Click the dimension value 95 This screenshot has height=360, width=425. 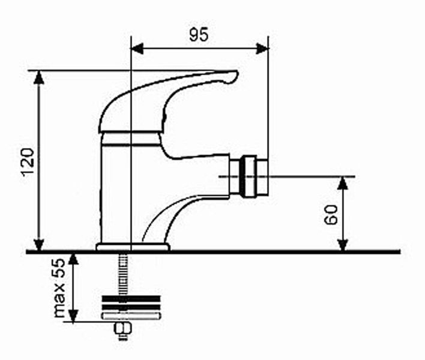coord(199,34)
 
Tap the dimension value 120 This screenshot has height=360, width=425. coord(29,162)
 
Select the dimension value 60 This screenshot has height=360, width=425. coord(331,215)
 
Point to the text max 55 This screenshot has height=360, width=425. coord(59,288)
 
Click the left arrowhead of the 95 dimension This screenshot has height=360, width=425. coord(137,49)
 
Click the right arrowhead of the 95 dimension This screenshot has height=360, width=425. coord(262,49)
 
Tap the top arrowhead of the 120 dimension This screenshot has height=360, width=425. coord(39,77)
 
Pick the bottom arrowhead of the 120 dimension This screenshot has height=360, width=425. coord(39,245)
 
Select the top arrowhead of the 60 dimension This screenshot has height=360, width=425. coord(343,184)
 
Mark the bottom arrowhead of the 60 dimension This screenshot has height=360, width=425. coord(343,245)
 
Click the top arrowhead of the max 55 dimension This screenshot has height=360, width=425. coord(73,259)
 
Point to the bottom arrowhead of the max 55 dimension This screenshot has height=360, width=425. coord(73,316)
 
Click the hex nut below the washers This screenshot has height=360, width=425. coord(122,329)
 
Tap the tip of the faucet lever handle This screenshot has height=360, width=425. coord(237,72)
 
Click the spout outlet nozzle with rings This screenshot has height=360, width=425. coord(249,176)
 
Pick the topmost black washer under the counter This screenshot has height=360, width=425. coord(131,299)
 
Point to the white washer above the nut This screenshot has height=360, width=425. coord(130,316)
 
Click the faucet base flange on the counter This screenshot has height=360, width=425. coord(133,247)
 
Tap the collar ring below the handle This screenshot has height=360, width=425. coord(131,139)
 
